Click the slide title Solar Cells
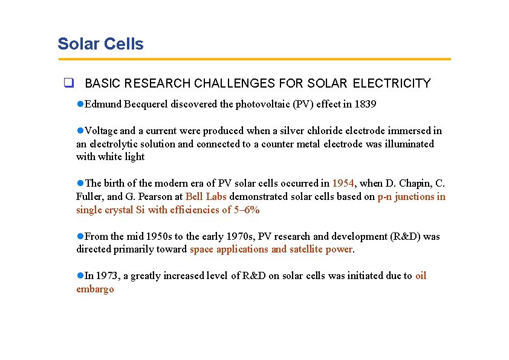[100, 44]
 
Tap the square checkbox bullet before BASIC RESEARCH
[69, 83]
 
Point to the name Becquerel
[146, 104]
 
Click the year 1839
[365, 104]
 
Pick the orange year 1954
[343, 183]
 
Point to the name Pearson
[155, 196]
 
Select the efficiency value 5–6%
[247, 210]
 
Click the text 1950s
[158, 236]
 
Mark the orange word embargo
[95, 289]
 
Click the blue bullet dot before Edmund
[80, 104]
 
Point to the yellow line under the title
[254, 59]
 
